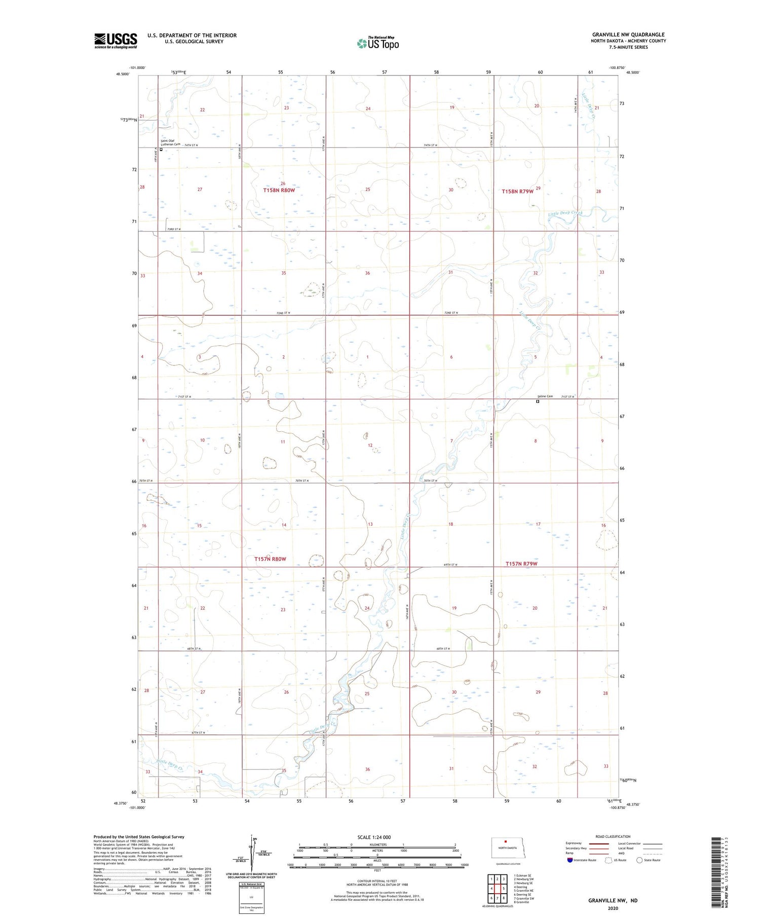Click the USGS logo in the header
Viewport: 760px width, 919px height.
pyautogui.click(x=116, y=41)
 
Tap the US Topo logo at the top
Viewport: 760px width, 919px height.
pyautogui.click(x=377, y=43)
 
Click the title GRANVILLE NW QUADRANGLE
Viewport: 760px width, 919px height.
pyautogui.click(x=628, y=34)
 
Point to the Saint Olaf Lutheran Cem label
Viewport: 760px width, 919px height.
pyautogui.click(x=170, y=142)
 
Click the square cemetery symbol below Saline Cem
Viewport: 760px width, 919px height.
pyautogui.click(x=538, y=402)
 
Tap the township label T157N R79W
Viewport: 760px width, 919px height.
pyautogui.click(x=521, y=564)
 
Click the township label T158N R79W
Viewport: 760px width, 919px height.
pyautogui.click(x=517, y=192)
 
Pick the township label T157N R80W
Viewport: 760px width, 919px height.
pyautogui.click(x=270, y=559)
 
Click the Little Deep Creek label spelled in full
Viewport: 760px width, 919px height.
pyautogui.click(x=565, y=213)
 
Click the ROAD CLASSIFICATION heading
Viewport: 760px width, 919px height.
pyautogui.click(x=613, y=836)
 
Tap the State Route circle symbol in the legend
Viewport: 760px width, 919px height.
pyautogui.click(x=639, y=860)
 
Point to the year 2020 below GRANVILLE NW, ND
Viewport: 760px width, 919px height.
pyautogui.click(x=613, y=908)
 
